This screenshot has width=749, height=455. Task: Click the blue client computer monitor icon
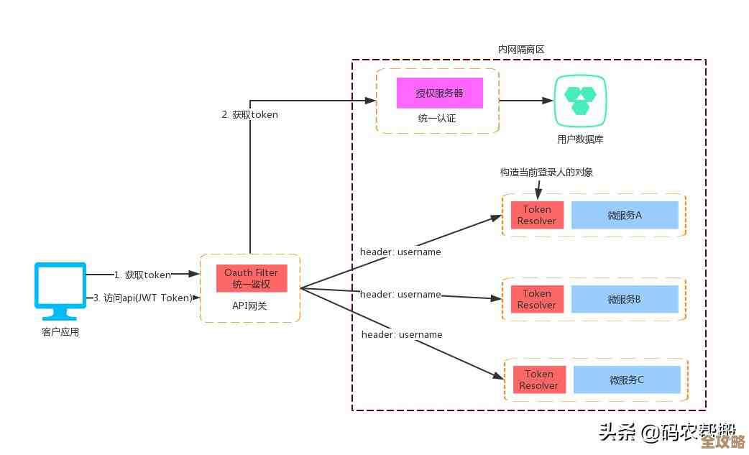pyautogui.click(x=60, y=289)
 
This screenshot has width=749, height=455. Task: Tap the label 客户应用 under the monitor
pyautogui.click(x=60, y=332)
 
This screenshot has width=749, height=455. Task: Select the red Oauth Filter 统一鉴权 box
pyautogui.click(x=251, y=278)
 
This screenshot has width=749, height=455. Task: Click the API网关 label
pyautogui.click(x=250, y=306)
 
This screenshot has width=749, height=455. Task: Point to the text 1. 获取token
pyautogui.click(x=142, y=275)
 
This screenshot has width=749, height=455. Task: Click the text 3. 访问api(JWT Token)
pyautogui.click(x=143, y=298)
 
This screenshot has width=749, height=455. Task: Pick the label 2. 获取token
pyautogui.click(x=249, y=114)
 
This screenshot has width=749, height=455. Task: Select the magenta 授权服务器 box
pyautogui.click(x=439, y=93)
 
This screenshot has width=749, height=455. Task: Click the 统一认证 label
pyautogui.click(x=437, y=118)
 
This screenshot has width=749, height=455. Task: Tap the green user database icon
pyautogui.click(x=579, y=101)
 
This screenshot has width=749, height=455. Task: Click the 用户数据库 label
pyautogui.click(x=579, y=139)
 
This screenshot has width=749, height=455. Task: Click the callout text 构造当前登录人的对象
pyautogui.click(x=546, y=173)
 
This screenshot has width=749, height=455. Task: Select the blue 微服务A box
pyautogui.click(x=625, y=215)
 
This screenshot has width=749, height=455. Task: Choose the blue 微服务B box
pyautogui.click(x=625, y=299)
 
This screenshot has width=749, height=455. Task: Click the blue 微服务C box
pyautogui.click(x=627, y=380)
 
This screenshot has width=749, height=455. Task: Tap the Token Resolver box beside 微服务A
pyautogui.click(x=537, y=215)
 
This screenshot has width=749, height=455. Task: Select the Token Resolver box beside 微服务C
pyautogui.click(x=539, y=380)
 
